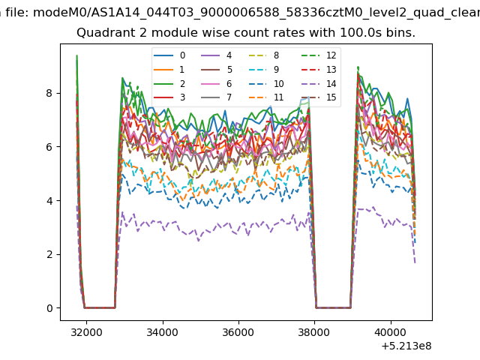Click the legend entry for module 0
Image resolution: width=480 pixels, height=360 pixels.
click(x=169, y=55)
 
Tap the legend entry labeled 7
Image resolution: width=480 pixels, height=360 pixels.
click(x=216, y=97)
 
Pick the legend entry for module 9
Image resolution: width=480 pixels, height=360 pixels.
click(x=263, y=70)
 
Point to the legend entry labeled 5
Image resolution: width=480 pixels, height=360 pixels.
click(x=216, y=70)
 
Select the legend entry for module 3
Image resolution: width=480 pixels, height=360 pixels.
click(x=169, y=97)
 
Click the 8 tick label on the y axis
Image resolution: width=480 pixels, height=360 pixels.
click(x=49, y=93)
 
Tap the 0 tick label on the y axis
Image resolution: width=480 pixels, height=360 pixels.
click(x=49, y=308)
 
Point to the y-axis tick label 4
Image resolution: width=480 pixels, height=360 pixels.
click(x=49, y=201)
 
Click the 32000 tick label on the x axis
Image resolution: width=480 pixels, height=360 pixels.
click(x=86, y=332)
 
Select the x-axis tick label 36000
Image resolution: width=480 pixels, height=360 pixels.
click(x=238, y=332)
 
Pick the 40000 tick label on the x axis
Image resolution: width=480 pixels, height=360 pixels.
click(x=390, y=332)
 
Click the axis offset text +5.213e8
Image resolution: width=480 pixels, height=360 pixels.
click(x=406, y=346)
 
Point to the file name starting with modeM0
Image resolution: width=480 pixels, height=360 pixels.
click(x=256, y=13)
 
